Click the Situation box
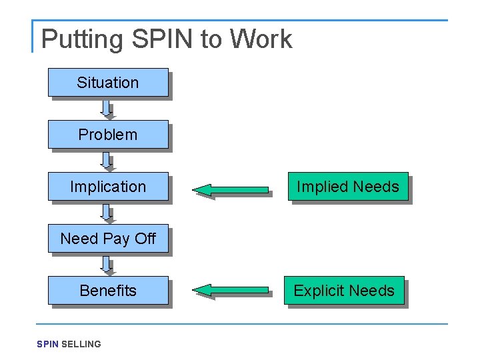[107, 83]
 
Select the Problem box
[107, 135]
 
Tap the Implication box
[107, 187]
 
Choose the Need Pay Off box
[107, 239]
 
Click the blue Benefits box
[107, 291]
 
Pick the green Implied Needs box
[347, 187]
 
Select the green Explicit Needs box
[344, 291]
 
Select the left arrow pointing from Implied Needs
[230, 191]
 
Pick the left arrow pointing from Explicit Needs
[230, 290]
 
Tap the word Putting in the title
[83, 39]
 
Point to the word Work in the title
[261, 39]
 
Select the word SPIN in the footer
[47, 344]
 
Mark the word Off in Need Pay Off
[145, 239]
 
